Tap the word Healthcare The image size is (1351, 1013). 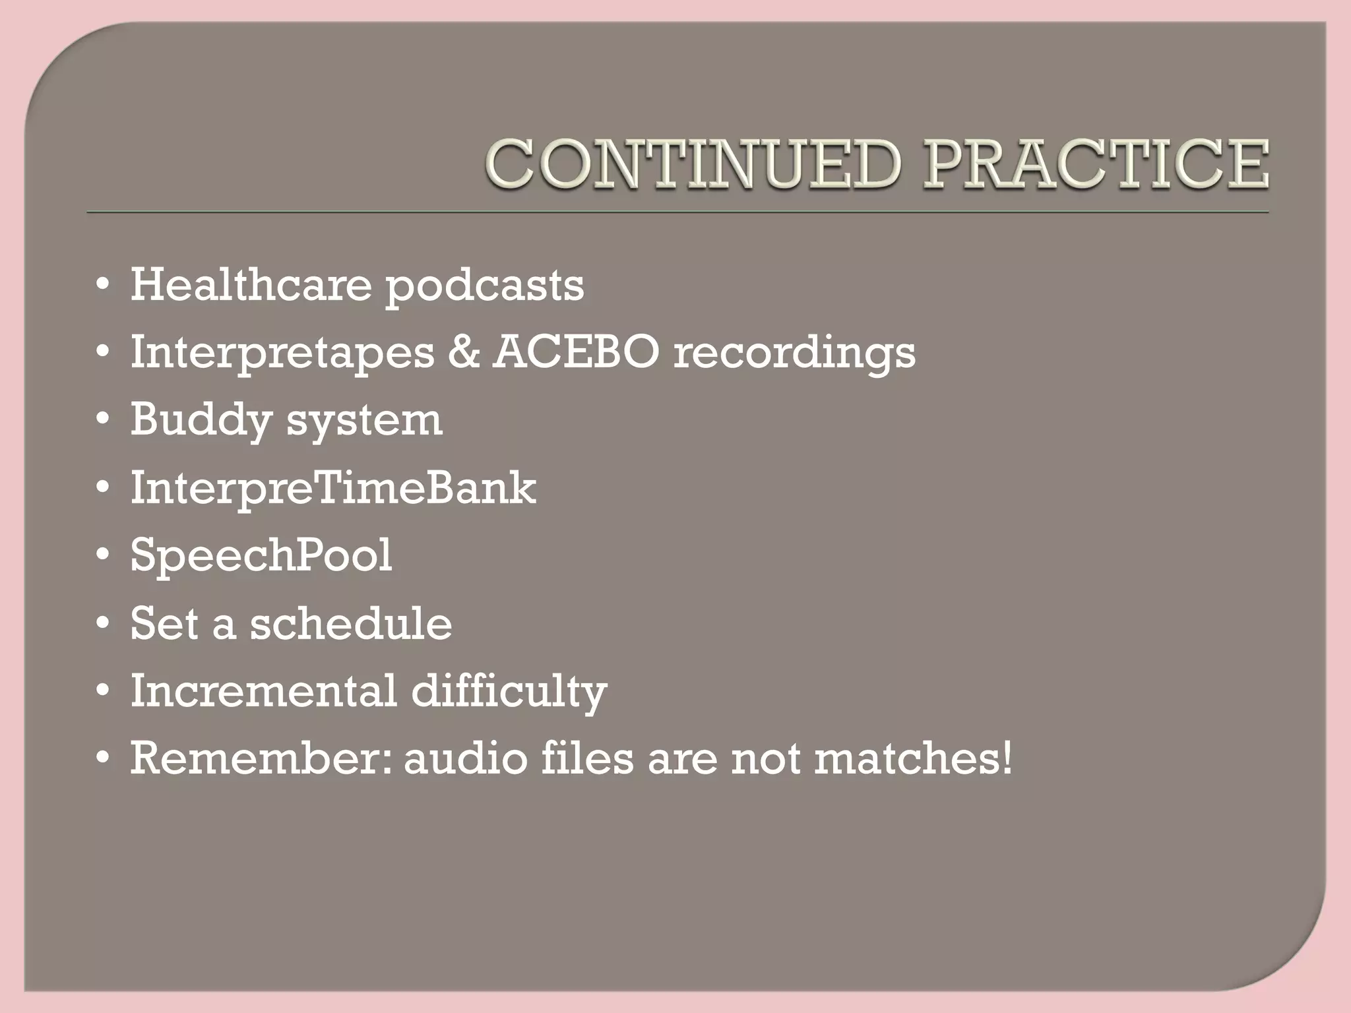click(x=251, y=285)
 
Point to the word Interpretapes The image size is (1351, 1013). click(x=282, y=353)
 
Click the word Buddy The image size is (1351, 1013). click(x=201, y=420)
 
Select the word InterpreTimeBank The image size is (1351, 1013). click(x=333, y=488)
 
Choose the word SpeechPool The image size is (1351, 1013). click(x=261, y=556)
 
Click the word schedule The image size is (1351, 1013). click(x=351, y=623)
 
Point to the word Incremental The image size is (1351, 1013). click(x=263, y=691)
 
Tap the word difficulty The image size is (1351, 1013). click(x=509, y=692)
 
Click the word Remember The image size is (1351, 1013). click(x=261, y=758)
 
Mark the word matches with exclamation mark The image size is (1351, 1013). click(x=913, y=758)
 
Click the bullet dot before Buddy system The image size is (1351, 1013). click(x=102, y=421)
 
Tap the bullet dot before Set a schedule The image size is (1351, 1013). click(x=102, y=624)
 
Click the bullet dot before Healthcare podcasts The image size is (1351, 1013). click(x=102, y=286)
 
